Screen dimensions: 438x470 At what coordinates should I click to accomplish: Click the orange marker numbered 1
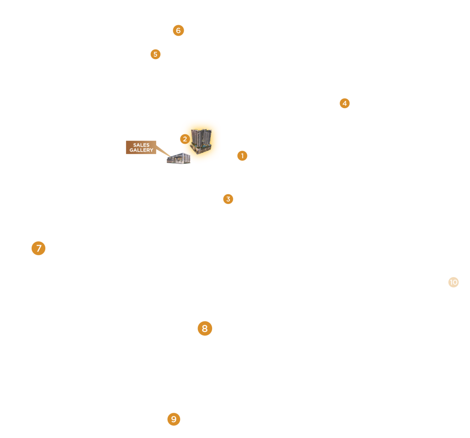click(242, 156)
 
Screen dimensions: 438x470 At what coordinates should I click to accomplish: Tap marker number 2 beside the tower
click(185, 139)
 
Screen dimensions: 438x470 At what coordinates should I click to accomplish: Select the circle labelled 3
click(228, 199)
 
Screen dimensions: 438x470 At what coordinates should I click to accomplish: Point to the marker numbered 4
click(344, 103)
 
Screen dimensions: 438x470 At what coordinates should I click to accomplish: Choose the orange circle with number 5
click(155, 54)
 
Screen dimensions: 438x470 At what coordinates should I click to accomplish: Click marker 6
click(178, 31)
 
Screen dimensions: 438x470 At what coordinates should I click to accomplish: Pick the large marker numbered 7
click(38, 248)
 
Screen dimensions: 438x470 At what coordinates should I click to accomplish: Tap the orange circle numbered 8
click(205, 328)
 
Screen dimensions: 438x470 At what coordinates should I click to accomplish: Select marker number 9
click(174, 419)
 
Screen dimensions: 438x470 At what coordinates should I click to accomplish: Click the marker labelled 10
click(454, 282)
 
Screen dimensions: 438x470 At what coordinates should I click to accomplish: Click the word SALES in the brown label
click(141, 145)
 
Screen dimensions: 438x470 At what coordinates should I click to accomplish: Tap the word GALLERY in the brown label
click(141, 150)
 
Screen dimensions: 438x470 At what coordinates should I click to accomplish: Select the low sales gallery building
click(178, 159)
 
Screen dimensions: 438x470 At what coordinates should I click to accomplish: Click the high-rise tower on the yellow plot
click(202, 140)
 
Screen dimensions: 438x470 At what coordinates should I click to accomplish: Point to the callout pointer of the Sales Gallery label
click(163, 151)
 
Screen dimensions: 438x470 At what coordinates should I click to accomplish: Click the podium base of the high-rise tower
click(202, 149)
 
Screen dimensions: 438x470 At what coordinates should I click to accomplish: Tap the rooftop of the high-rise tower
click(201, 131)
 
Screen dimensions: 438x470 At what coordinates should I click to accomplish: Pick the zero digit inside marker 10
click(455, 282)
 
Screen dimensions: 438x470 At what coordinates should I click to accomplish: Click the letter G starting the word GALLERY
click(131, 150)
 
